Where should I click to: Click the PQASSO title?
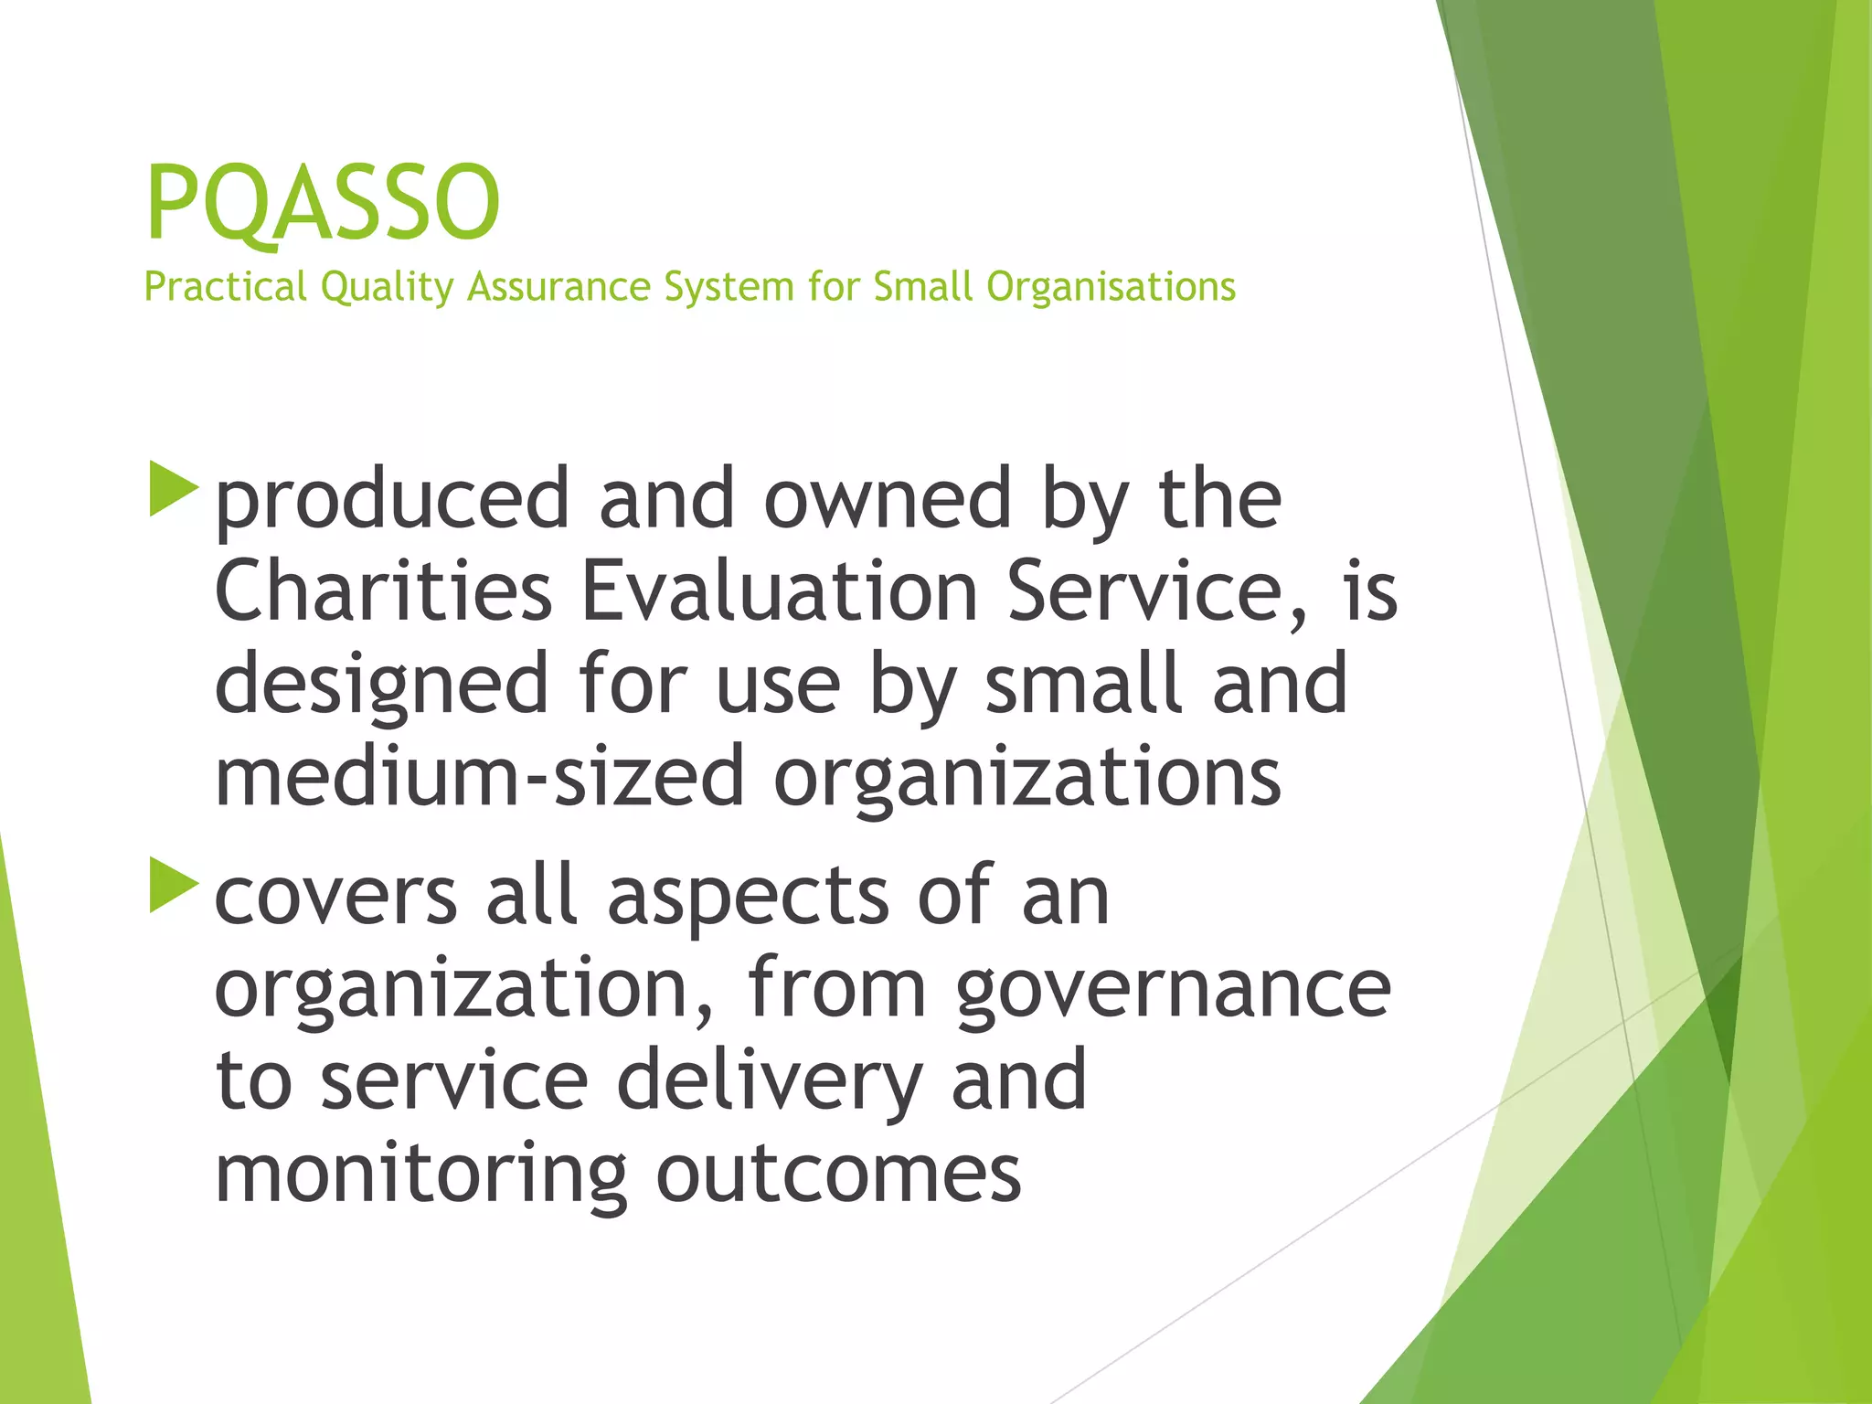click(323, 202)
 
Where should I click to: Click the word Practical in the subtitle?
click(225, 287)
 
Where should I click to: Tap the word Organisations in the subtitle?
click(1111, 287)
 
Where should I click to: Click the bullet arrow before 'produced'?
click(173, 489)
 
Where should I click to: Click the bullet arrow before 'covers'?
click(173, 884)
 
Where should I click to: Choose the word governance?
click(1173, 990)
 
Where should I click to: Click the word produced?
click(392, 501)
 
